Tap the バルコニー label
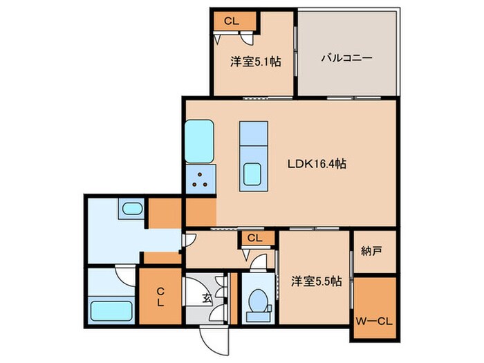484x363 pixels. coord(346,59)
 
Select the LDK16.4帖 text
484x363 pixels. coord(317,165)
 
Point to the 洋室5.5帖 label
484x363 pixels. coord(314,281)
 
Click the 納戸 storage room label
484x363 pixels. coord(371,252)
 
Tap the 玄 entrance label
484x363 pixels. coord(206,299)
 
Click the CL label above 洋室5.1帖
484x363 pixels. coord(231,21)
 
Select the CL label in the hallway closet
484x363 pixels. coord(254,239)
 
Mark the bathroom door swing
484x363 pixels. coord(124,275)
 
